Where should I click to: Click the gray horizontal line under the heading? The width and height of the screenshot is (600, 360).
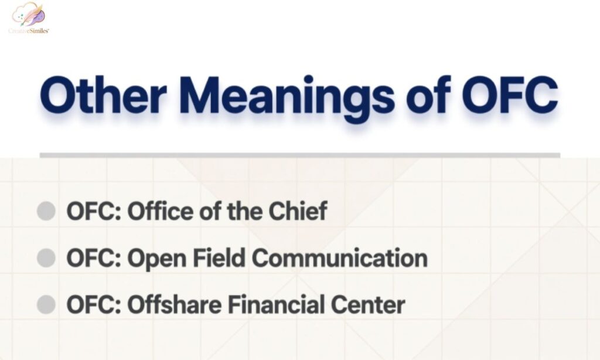pyautogui.click(x=299, y=155)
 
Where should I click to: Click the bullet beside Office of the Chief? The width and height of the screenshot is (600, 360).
pyautogui.click(x=46, y=211)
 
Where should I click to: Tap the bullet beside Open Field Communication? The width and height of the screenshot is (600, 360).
pyautogui.click(x=46, y=258)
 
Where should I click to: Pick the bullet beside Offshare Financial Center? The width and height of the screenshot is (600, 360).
pyautogui.click(x=46, y=305)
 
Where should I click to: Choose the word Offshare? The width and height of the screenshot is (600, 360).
pyautogui.click(x=173, y=305)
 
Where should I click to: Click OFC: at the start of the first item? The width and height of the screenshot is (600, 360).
pyautogui.click(x=93, y=211)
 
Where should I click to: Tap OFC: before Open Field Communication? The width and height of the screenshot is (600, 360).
pyautogui.click(x=93, y=258)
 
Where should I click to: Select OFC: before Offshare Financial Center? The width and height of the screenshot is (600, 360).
pyautogui.click(x=93, y=305)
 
